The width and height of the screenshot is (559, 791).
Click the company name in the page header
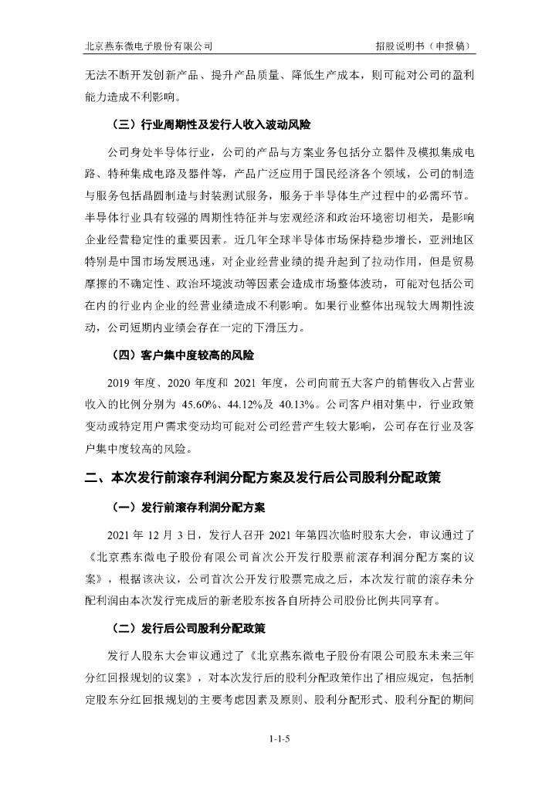tap(148, 46)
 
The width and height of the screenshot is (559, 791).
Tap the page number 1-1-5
tap(279, 739)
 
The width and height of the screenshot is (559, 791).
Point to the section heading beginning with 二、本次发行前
tap(262, 478)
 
